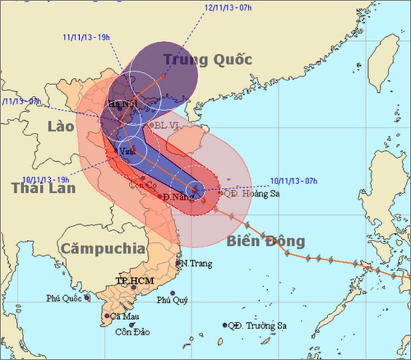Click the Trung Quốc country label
tap(207, 60)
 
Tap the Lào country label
tap(61, 126)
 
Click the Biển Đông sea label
tap(266, 242)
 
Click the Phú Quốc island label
tap(65, 298)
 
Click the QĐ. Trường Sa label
tap(256, 326)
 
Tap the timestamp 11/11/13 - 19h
tap(86, 37)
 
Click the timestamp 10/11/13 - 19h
tap(46, 179)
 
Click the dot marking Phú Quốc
tap(87, 297)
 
